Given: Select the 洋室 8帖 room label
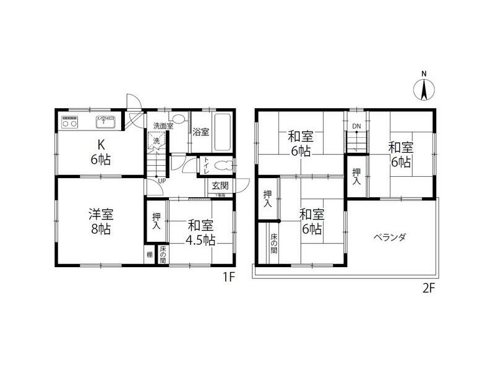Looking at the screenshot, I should coord(100,221).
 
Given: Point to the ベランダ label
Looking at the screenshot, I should coord(390,237).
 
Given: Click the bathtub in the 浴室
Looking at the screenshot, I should coord(222,132).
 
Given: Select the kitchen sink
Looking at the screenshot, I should coord(106,122).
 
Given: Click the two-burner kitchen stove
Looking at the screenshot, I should coord(69,122).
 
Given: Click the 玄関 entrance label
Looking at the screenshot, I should coord(220,185).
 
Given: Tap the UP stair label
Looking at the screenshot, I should coord(161,181).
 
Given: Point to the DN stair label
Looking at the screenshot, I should coord(356,127).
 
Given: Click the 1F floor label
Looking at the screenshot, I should coord(230,276).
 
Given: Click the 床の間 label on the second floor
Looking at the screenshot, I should coord(274,244).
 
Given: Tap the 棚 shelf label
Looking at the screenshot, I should coord(149,255).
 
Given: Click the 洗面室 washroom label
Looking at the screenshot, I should coord(163,126).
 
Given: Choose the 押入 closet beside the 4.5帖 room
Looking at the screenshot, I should coord(156,221).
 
